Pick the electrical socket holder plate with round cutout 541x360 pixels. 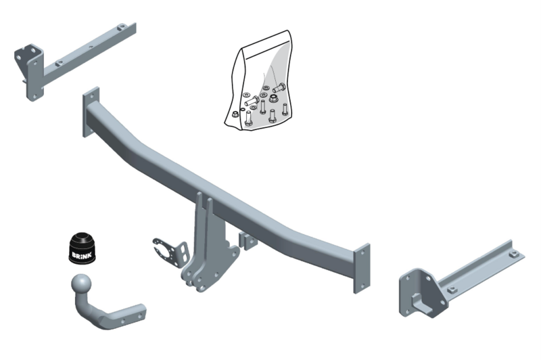point(166,250)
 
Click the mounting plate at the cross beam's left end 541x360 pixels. point(91,112)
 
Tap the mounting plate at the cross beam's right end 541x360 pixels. point(362,268)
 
